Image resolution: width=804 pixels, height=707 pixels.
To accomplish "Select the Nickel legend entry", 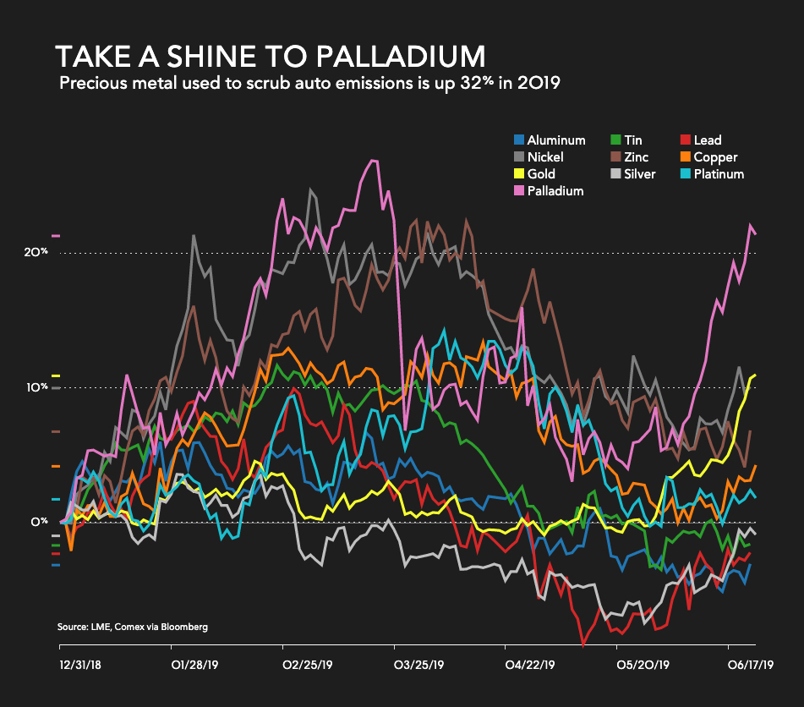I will click(x=544, y=157).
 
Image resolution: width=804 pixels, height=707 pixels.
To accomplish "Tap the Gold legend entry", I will click(x=541, y=174).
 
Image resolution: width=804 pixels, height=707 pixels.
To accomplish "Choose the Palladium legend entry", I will click(x=555, y=191).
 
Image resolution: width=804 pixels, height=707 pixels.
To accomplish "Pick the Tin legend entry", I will click(x=632, y=140).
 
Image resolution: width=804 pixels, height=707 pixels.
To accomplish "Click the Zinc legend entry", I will click(x=635, y=157).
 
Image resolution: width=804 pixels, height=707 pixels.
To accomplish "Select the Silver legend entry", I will click(x=638, y=174).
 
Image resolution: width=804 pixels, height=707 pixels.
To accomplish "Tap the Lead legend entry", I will click(x=707, y=140).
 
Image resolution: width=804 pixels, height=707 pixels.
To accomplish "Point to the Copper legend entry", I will click(x=714, y=157).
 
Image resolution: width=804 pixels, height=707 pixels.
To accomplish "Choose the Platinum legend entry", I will click(x=719, y=174).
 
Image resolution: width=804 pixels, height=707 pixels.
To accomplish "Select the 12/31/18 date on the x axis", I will click(x=79, y=666).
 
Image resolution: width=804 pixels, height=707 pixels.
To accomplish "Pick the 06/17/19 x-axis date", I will click(x=751, y=666).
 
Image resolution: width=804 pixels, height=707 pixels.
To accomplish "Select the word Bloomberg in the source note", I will click(x=182, y=627).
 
